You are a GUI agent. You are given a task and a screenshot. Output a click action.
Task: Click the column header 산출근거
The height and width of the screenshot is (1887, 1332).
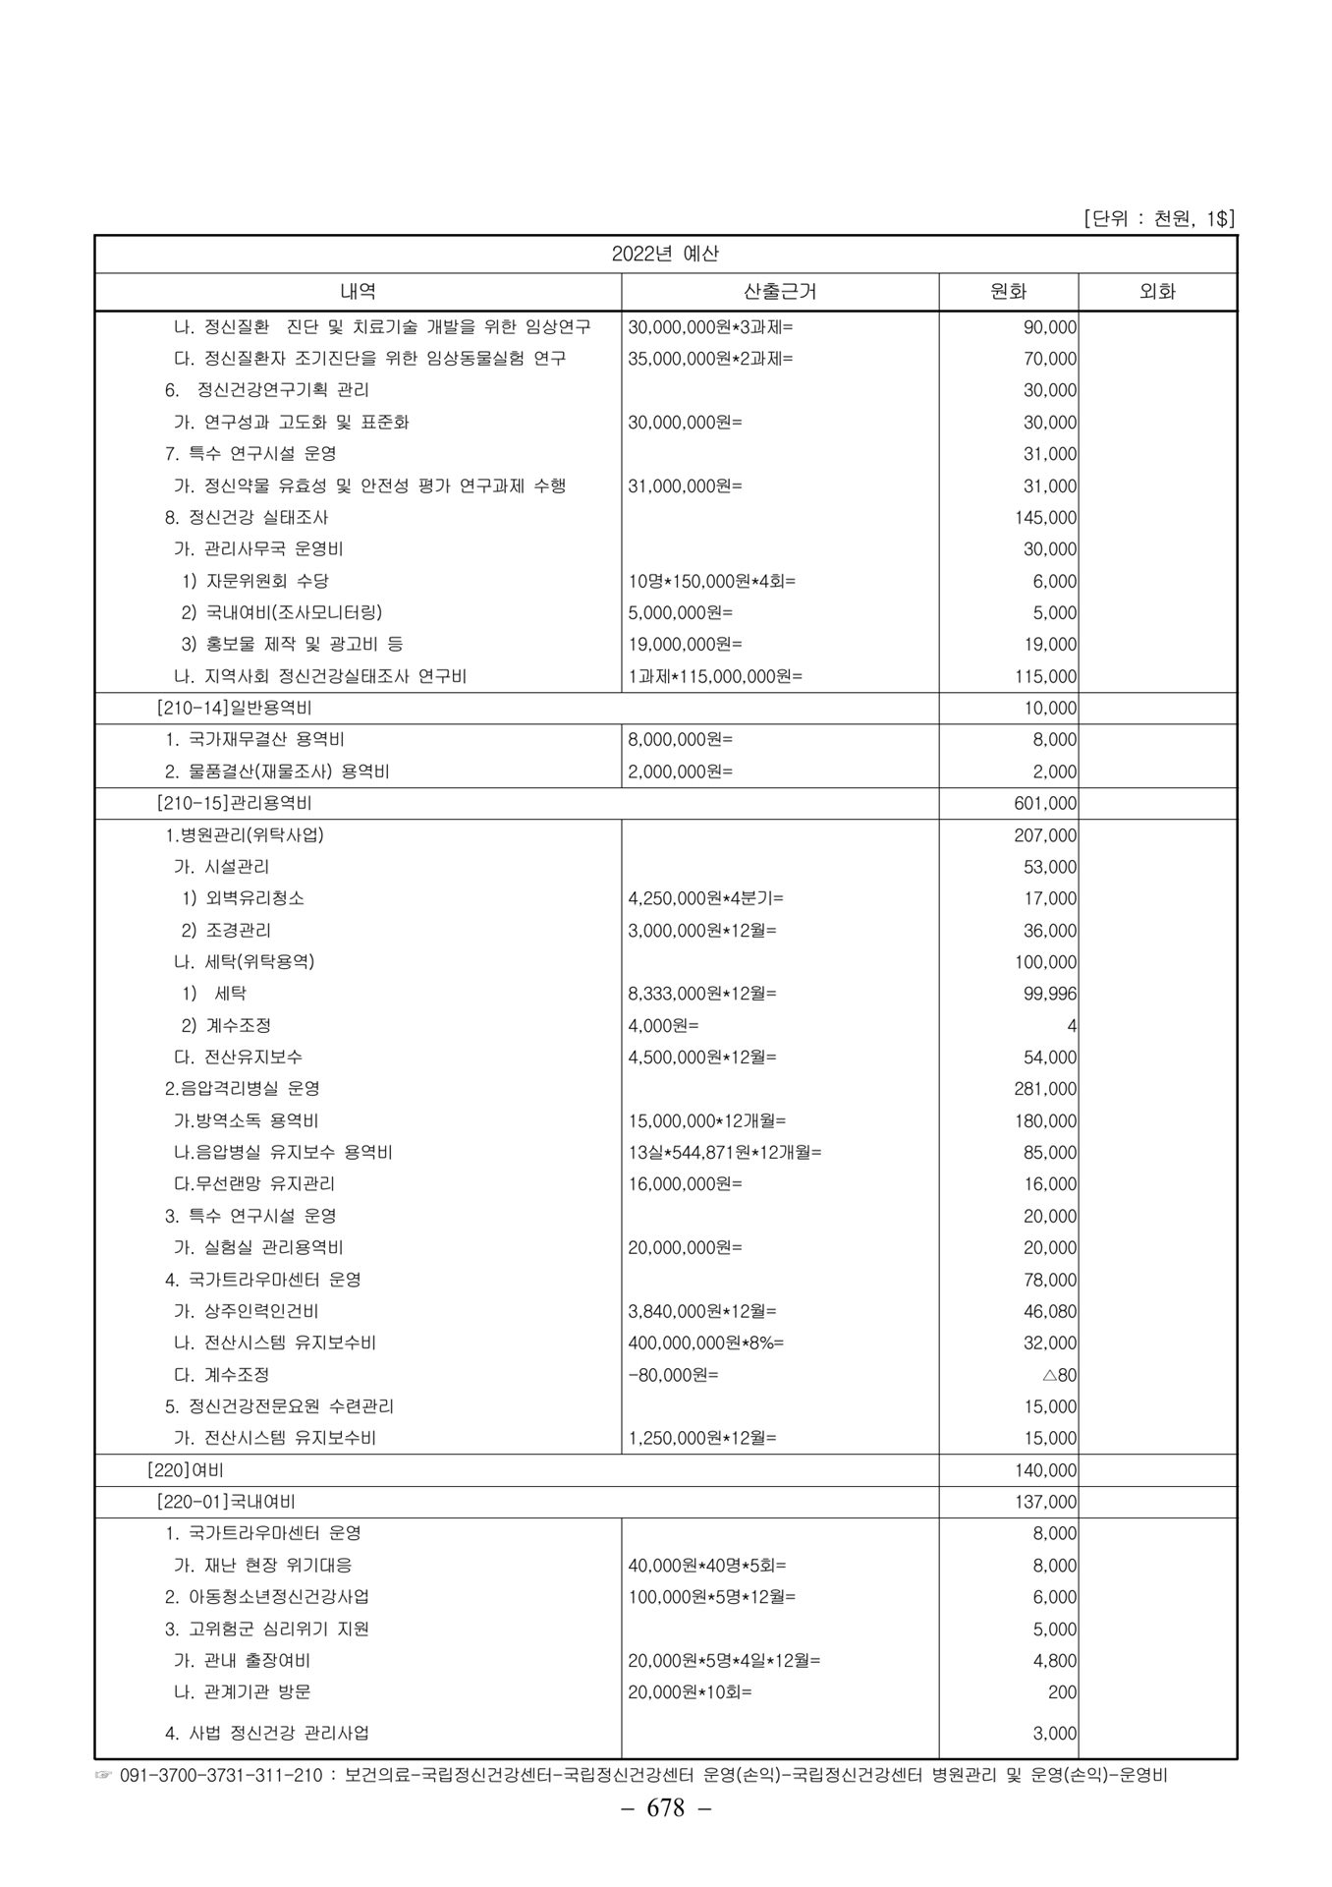(x=780, y=292)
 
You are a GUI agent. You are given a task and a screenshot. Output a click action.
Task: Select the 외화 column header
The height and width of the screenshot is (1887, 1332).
(x=1157, y=292)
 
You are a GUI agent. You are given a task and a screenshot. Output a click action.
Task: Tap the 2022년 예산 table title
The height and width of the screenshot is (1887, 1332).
(x=665, y=254)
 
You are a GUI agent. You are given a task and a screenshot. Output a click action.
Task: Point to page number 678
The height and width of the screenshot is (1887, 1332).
(x=665, y=1808)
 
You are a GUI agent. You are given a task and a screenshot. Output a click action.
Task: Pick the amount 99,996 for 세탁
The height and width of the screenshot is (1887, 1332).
(x=1050, y=994)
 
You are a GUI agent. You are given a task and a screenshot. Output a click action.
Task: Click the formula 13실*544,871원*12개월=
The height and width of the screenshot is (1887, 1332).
(x=725, y=1153)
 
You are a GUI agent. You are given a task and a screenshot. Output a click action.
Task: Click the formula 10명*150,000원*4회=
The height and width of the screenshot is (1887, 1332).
(x=712, y=581)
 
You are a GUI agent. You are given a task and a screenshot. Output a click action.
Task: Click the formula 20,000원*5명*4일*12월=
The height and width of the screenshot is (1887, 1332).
(x=725, y=1661)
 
